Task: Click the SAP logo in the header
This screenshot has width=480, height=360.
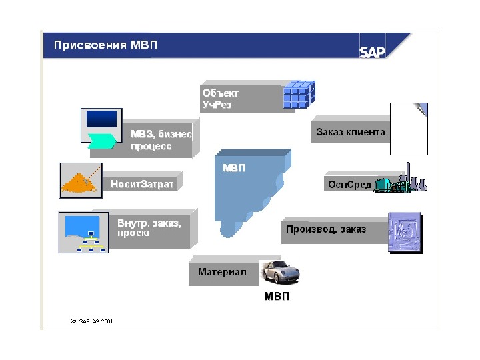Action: [373, 51]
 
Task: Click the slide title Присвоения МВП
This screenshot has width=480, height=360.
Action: [107, 46]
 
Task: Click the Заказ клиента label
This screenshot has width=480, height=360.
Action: [349, 132]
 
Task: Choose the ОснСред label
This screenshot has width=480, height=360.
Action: [349, 184]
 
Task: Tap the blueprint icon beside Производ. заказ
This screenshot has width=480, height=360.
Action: [405, 231]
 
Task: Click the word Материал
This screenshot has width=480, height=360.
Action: [222, 272]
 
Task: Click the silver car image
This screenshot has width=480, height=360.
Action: [281, 272]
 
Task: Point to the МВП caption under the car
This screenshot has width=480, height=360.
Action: [277, 297]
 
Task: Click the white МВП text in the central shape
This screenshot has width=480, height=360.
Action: [234, 168]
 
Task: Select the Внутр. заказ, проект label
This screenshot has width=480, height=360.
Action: [149, 228]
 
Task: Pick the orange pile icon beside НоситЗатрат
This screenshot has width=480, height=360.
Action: [81, 180]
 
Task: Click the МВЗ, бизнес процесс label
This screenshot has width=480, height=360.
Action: [160, 140]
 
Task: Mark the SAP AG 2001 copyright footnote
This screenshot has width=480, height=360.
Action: [91, 321]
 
